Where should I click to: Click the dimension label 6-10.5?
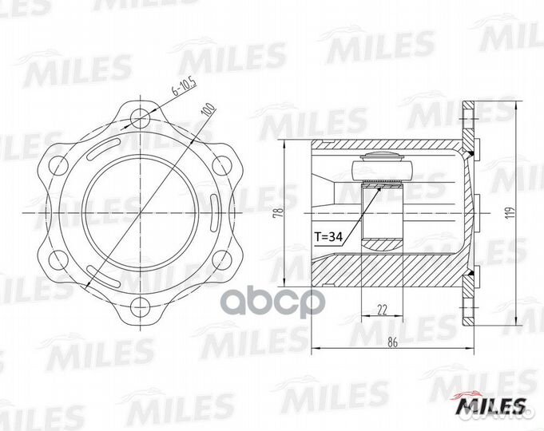185,86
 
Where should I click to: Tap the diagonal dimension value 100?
208,109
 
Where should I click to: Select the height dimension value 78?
278,212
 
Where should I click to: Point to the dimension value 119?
510,213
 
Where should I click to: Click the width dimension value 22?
381,310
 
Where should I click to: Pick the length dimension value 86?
392,342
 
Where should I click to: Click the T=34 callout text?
328,237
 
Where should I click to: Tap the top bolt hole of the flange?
140,118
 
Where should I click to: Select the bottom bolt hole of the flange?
140,306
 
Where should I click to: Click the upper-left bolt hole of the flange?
58,166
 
